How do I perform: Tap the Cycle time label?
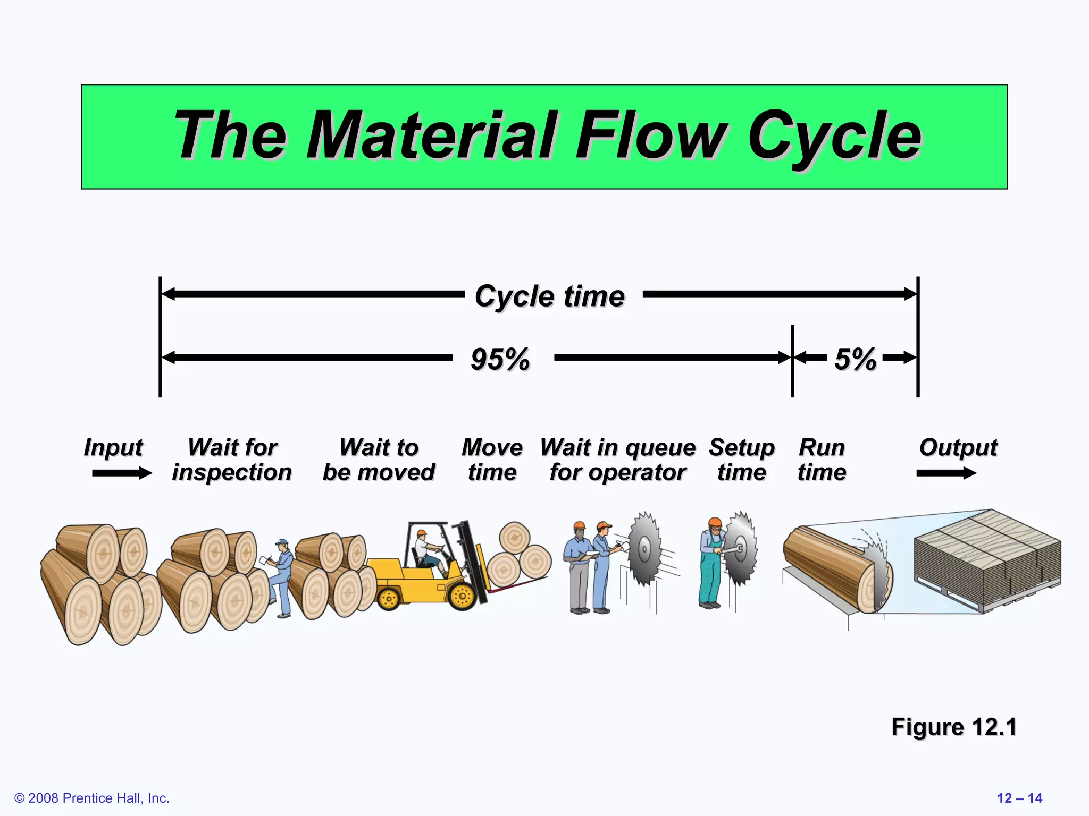550,296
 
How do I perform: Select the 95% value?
500,359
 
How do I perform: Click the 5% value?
855,359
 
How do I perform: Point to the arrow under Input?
122,473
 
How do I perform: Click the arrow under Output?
946,473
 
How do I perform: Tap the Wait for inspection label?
232,460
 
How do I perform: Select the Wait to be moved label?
379,460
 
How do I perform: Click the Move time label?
492,460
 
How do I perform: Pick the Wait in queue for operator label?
618,460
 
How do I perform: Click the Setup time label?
742,460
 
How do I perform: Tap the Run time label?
822,460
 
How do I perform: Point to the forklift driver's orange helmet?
422,532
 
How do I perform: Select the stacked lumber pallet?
987,560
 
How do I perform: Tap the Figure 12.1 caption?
953,727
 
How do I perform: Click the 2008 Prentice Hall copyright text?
92,798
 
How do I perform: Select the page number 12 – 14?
1019,798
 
